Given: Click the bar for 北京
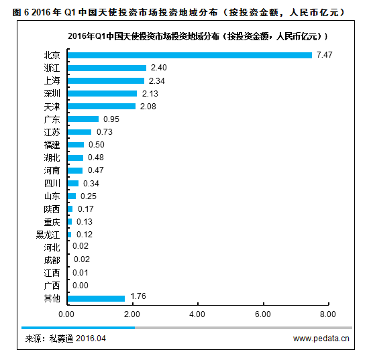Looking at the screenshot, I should [x=189, y=55].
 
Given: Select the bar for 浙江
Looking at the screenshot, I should [x=106, y=68].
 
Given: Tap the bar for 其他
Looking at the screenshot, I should [x=95, y=298].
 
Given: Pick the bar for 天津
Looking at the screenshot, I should [x=101, y=106].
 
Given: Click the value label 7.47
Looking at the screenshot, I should [x=325, y=55].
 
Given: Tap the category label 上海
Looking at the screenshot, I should [x=52, y=80].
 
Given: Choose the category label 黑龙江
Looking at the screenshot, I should [x=48, y=235].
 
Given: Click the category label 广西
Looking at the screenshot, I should [x=52, y=286].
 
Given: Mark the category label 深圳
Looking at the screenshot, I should [x=52, y=93].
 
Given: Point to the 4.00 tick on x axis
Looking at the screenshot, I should [x=197, y=314].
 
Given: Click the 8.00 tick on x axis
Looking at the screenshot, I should [x=327, y=314].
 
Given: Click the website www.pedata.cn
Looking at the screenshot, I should [x=321, y=339].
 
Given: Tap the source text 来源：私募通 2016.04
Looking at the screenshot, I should [x=66, y=339].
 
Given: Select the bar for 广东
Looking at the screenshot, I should [x=83, y=119].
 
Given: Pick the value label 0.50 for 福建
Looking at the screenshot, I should [x=97, y=145].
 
